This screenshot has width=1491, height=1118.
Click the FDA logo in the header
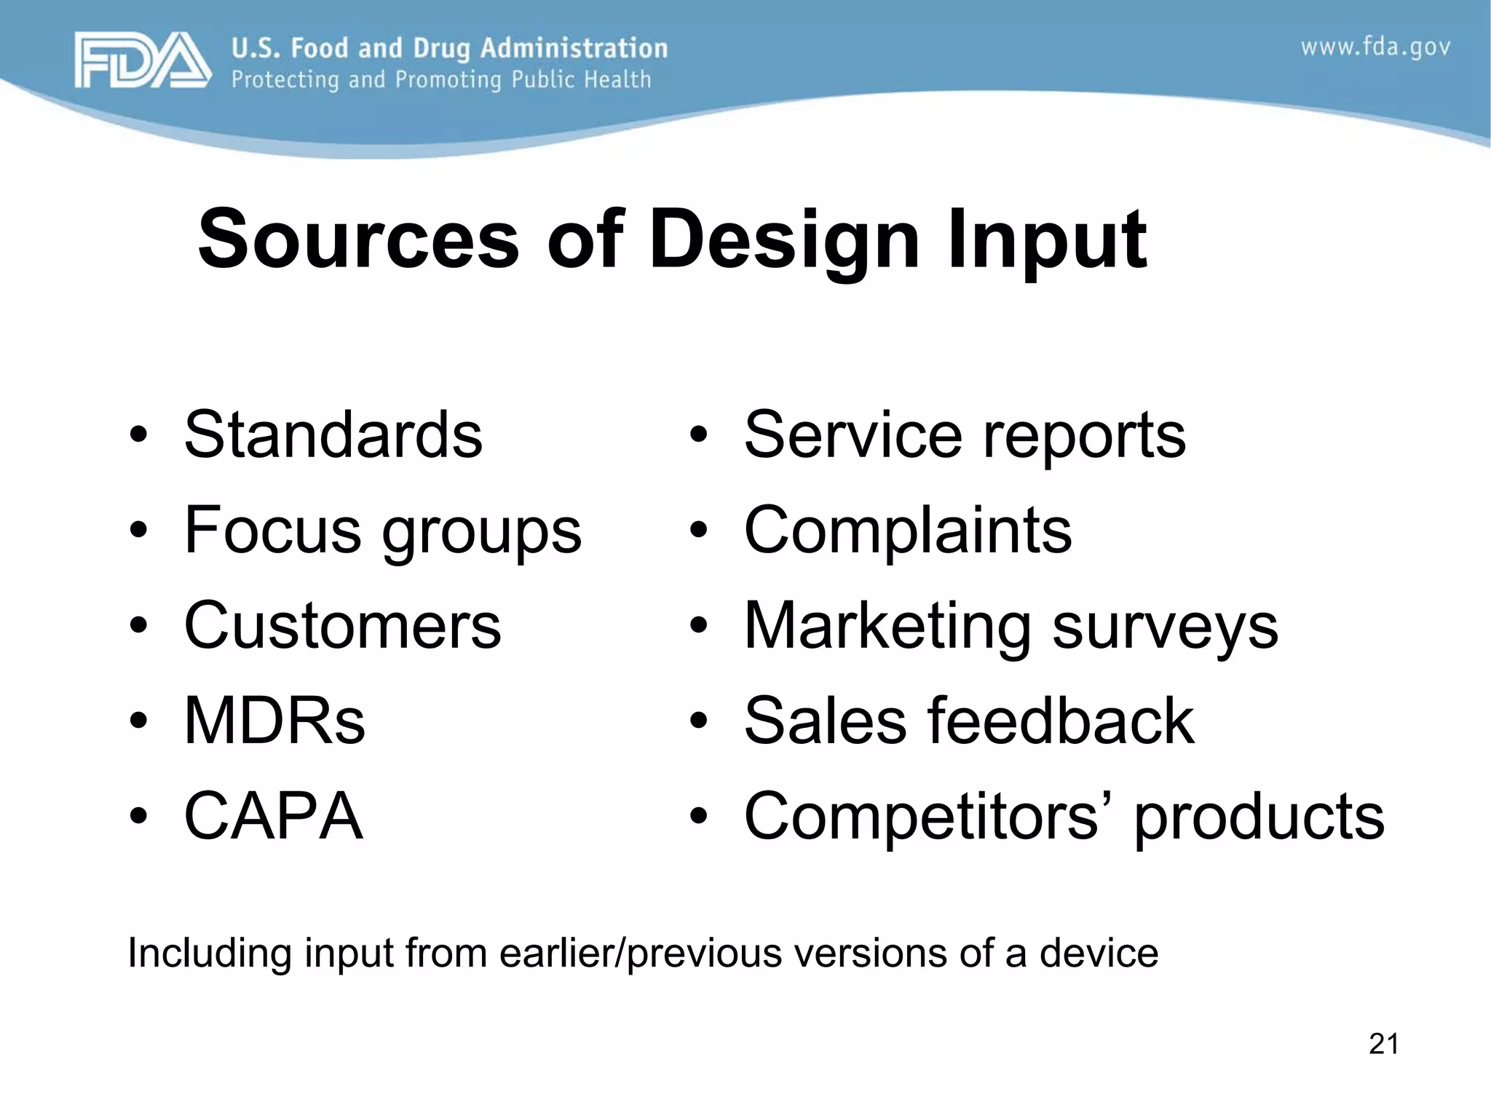tap(143, 61)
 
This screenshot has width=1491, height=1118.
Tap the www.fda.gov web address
tap(1375, 48)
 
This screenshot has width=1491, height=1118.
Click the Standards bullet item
tap(333, 435)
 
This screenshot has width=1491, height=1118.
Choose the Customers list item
tap(342, 626)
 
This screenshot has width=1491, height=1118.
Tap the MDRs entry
tap(274, 721)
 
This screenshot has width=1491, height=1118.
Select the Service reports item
tap(964, 435)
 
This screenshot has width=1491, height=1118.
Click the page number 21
tap(1383, 1044)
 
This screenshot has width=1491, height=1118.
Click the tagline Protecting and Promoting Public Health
tap(440, 79)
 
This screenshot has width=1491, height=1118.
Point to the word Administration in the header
tap(574, 48)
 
